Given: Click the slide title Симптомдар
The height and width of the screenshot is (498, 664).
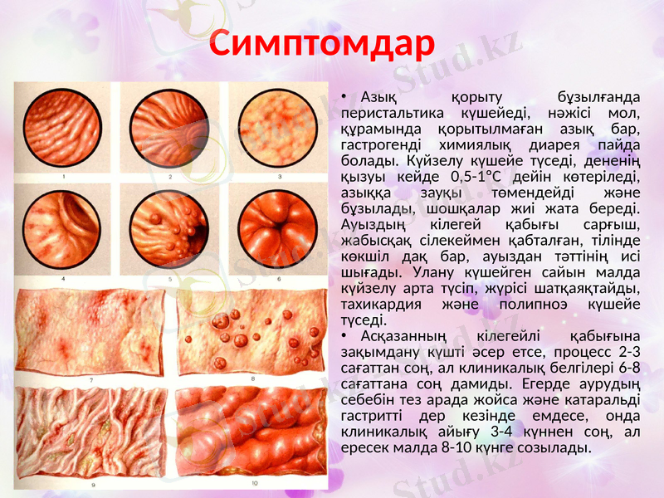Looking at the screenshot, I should point(321,44).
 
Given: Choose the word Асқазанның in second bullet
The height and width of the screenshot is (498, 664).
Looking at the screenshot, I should point(404,336).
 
